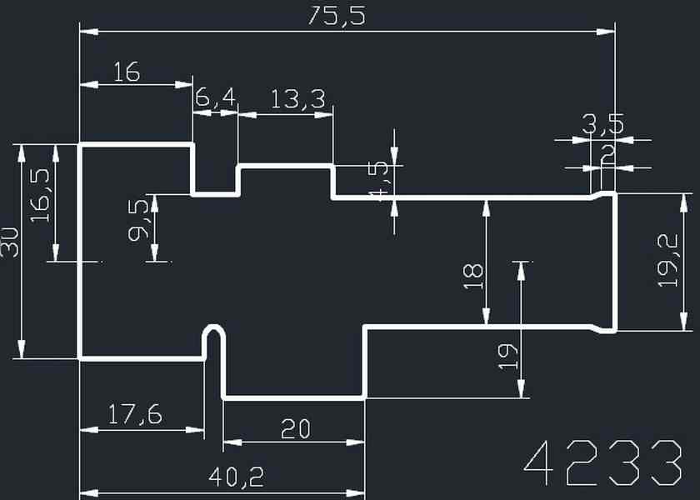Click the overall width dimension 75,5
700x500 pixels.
click(337, 17)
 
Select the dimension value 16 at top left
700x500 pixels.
click(126, 72)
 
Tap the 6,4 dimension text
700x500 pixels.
click(215, 99)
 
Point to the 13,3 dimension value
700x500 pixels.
click(297, 99)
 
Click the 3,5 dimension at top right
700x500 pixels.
click(602, 126)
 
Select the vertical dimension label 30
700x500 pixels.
click(11, 242)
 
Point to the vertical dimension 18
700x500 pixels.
click(472, 275)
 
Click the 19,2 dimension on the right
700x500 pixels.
click(669, 261)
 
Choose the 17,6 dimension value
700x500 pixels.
click(134, 414)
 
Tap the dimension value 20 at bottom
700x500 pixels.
click(295, 428)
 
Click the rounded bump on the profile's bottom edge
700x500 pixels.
click(214, 332)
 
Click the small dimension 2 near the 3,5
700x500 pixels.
click(607, 155)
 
